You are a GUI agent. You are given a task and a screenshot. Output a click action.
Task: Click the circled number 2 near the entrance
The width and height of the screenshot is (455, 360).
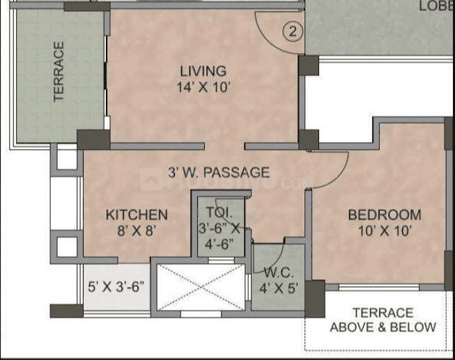click(x=293, y=31)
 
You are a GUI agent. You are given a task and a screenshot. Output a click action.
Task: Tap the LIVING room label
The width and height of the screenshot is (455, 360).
click(x=203, y=71)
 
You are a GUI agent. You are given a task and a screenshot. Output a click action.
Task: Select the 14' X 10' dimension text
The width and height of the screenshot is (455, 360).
click(x=203, y=87)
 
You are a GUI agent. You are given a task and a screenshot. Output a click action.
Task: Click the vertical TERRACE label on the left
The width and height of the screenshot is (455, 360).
click(x=59, y=72)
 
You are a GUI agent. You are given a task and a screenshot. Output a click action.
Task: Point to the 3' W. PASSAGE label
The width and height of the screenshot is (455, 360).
click(x=219, y=172)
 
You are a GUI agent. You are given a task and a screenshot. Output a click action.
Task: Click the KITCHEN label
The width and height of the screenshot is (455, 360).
click(x=137, y=214)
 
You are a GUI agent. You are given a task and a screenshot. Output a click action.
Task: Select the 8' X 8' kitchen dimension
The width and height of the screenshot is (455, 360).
click(x=137, y=230)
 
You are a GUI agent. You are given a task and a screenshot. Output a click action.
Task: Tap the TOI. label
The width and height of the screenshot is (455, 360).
click(x=215, y=212)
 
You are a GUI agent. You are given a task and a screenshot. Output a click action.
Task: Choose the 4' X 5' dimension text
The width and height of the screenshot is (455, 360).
click(x=279, y=287)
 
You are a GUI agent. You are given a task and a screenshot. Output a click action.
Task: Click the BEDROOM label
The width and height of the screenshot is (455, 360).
click(x=384, y=214)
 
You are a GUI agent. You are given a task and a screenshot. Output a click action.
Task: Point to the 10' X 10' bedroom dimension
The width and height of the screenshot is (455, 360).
click(x=384, y=230)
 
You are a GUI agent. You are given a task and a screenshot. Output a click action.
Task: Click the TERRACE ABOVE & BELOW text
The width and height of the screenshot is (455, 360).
click(x=383, y=320)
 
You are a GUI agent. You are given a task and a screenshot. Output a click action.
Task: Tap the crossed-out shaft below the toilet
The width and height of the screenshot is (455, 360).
click(x=201, y=287)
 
